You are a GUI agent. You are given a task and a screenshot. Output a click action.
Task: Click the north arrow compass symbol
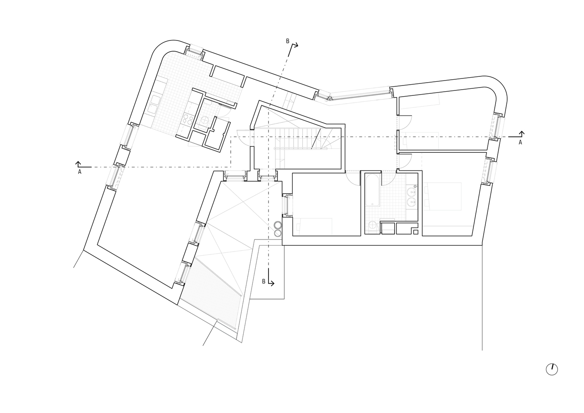coord(551,369)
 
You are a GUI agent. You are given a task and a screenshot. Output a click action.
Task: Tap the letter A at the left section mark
coord(80,172)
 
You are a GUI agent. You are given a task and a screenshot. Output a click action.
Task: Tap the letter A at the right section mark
coord(520,142)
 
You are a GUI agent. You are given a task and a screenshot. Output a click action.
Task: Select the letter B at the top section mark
coord(287,41)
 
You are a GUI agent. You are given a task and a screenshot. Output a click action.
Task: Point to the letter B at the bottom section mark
coord(264,281)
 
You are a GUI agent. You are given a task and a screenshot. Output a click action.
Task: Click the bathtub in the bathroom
coord(372,190)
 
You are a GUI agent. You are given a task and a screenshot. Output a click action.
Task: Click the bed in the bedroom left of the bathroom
coord(314,226)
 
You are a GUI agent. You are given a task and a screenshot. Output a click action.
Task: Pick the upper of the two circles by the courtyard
coord(278,225)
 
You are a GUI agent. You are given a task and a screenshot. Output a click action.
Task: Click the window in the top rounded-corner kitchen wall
coord(194,52)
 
